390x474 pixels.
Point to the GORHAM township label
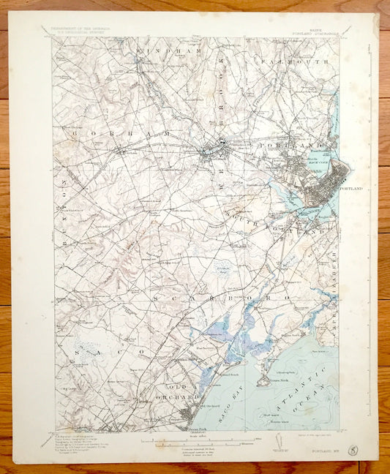pyautogui.click(x=117, y=135)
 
